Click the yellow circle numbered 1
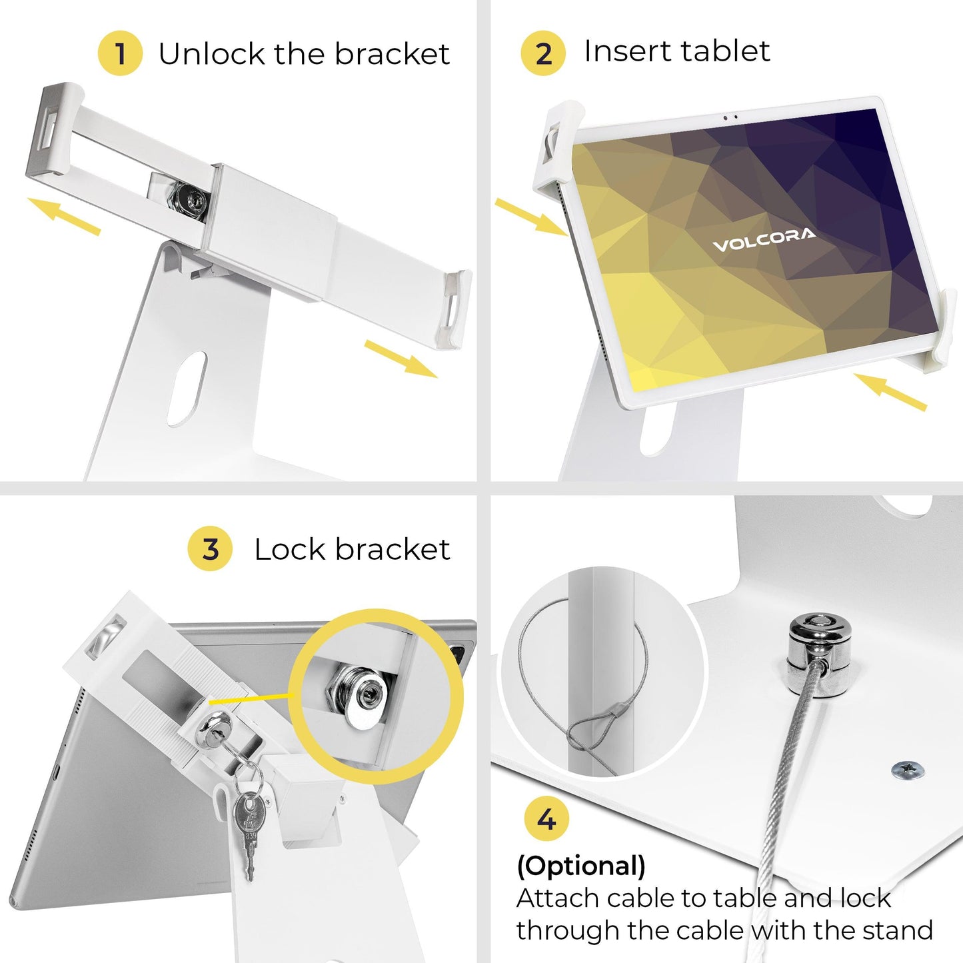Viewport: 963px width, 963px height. [120, 53]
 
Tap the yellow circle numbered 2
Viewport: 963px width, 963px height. [543, 53]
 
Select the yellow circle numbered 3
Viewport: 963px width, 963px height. [210, 548]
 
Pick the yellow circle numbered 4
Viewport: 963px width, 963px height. [546, 820]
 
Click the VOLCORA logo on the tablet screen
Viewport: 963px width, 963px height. [764, 239]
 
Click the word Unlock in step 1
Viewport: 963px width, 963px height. [211, 53]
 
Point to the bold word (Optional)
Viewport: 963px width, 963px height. [580, 866]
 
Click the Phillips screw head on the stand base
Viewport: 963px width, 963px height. [908, 770]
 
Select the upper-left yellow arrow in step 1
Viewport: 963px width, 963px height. [64, 216]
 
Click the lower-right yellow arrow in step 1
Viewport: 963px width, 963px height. [401, 359]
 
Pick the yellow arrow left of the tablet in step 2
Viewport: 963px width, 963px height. [531, 216]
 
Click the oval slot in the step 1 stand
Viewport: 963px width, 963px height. [187, 389]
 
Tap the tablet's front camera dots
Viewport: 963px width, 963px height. [730, 117]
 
